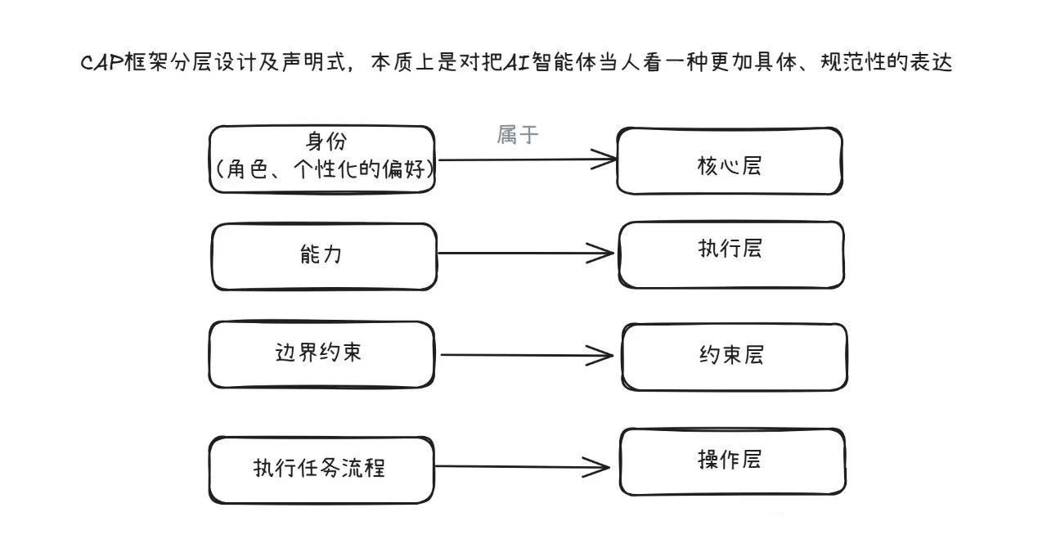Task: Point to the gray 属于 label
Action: (x=518, y=135)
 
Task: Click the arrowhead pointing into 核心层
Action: (x=604, y=159)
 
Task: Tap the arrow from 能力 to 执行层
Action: (x=526, y=254)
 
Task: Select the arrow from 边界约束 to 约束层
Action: (x=527, y=355)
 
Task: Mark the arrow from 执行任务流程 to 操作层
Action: (x=522, y=466)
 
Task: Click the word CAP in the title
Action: (x=102, y=62)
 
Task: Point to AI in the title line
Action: (x=517, y=62)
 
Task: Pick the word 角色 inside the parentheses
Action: (x=247, y=168)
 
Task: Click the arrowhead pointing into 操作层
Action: (x=596, y=466)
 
